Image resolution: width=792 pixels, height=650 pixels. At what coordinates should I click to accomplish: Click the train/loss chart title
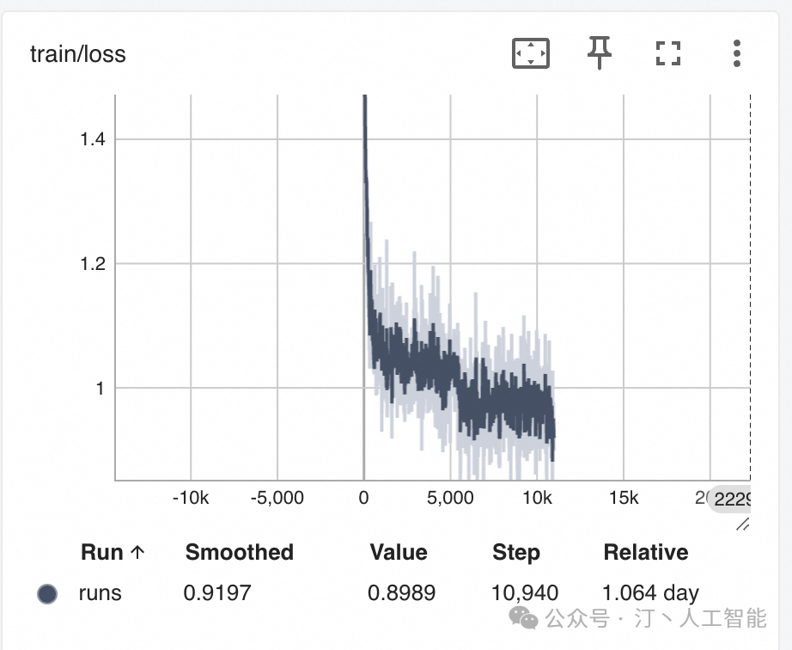click(78, 54)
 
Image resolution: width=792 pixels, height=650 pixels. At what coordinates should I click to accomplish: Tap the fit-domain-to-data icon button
click(530, 54)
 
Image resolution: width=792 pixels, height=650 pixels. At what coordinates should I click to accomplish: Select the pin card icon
click(600, 54)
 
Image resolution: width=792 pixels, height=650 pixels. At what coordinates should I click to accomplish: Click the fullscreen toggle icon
click(667, 54)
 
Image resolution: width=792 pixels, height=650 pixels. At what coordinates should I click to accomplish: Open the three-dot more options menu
click(736, 54)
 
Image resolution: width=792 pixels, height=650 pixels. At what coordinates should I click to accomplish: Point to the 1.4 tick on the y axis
click(93, 139)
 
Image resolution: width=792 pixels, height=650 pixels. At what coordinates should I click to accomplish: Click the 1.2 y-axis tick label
click(93, 264)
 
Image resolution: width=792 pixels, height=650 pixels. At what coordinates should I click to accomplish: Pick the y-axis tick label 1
click(99, 389)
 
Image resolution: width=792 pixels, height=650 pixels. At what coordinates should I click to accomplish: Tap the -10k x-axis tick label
click(191, 499)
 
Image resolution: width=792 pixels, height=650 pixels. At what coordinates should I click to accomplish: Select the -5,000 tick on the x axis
click(277, 499)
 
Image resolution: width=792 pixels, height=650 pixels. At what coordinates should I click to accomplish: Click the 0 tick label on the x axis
click(364, 499)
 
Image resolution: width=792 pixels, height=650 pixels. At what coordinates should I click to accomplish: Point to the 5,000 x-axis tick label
click(451, 499)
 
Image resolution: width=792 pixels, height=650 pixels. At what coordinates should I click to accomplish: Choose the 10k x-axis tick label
click(537, 499)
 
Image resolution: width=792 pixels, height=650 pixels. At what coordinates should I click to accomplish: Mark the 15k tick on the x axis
click(624, 499)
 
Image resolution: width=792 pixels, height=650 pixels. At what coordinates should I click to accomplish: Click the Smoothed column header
click(240, 552)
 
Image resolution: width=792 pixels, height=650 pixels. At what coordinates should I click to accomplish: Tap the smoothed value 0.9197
click(218, 593)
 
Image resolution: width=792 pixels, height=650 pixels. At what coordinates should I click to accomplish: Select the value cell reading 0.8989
click(402, 593)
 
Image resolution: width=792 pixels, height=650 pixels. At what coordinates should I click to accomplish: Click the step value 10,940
click(525, 593)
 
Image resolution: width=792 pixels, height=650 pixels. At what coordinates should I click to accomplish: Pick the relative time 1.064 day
click(651, 593)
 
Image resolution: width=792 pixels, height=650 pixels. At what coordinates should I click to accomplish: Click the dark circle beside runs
click(47, 593)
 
